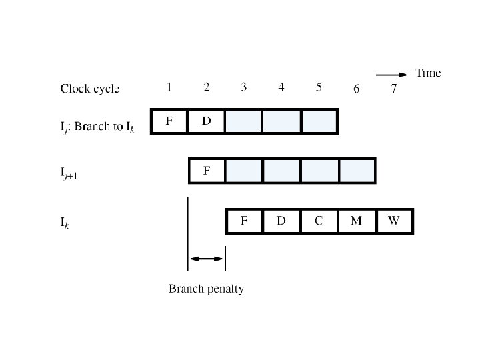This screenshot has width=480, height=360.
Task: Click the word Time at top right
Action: (428, 73)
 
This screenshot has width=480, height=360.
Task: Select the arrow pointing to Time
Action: (391, 74)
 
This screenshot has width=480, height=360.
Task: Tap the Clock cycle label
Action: (90, 89)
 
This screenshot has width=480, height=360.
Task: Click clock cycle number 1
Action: (169, 87)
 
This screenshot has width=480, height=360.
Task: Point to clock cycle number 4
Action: (281, 87)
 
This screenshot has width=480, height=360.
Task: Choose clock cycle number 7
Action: (393, 89)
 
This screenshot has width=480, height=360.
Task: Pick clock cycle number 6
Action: (357, 89)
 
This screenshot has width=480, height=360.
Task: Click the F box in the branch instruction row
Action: (169, 121)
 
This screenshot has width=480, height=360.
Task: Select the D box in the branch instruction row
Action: (207, 121)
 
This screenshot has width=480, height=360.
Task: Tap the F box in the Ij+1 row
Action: (207, 171)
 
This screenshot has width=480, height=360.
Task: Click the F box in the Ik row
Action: (244, 221)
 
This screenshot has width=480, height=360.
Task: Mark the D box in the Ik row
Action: (281, 221)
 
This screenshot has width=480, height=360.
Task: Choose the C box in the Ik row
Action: (319, 221)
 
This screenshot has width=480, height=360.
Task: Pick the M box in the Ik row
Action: (356, 221)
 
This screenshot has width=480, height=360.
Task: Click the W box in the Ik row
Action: (394, 221)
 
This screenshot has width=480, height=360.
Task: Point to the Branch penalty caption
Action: (206, 289)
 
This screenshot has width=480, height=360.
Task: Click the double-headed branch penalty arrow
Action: (207, 259)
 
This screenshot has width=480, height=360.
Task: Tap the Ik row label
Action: (65, 223)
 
